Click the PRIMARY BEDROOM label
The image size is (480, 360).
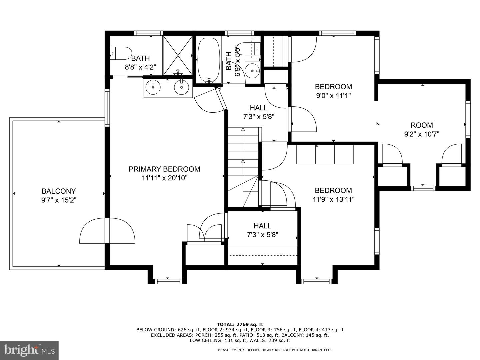(x=164, y=169)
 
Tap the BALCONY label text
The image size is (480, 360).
(x=59, y=191)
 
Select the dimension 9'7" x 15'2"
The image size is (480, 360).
(x=59, y=200)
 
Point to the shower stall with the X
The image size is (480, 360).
(x=177, y=55)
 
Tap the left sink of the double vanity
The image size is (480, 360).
(x=153, y=87)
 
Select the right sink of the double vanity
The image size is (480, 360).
(x=181, y=87)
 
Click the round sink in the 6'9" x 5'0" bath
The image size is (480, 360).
(x=253, y=70)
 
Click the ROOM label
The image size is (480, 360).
(x=422, y=125)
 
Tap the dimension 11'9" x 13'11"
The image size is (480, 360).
(x=333, y=199)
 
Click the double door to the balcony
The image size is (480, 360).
(x=107, y=231)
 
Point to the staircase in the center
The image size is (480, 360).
(x=243, y=167)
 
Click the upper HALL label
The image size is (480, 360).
(x=259, y=108)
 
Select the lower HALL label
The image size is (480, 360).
(x=262, y=226)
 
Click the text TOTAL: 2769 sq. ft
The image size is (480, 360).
(x=240, y=324)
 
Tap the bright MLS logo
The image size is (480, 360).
(x=29, y=350)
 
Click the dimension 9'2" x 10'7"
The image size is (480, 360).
(x=422, y=134)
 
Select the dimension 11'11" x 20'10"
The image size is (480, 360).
(x=164, y=178)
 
